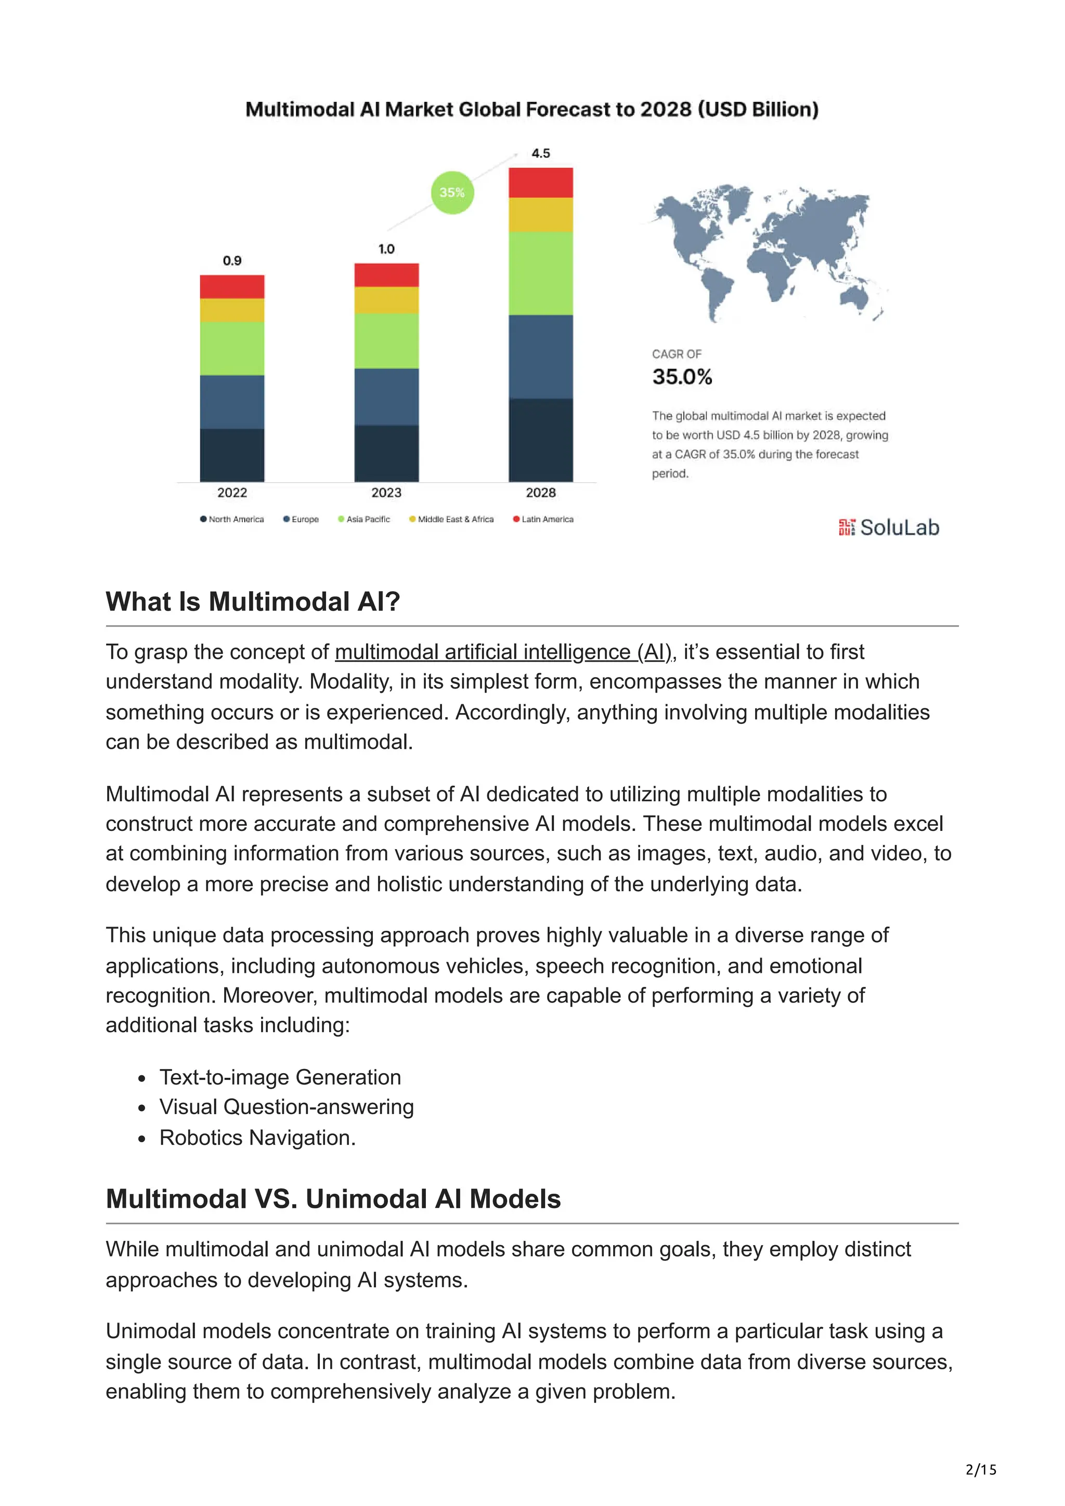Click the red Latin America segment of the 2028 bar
(540, 182)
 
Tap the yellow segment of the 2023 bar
(386, 300)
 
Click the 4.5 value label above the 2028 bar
(540, 153)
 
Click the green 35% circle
(451, 192)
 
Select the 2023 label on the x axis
(386, 493)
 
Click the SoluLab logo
(889, 527)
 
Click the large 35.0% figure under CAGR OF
(682, 376)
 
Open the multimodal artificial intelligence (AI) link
(503, 652)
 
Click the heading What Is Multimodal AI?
(253, 601)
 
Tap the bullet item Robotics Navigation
(257, 1138)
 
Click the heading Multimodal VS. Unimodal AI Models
(333, 1198)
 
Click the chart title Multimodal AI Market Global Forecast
(531, 109)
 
